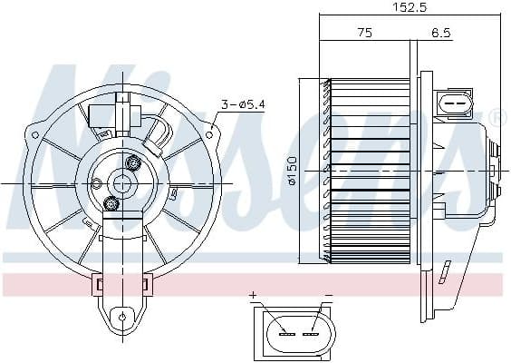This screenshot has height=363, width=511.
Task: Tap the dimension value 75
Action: point(364,33)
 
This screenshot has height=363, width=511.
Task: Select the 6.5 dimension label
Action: point(441,33)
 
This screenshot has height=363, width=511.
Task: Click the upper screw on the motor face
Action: point(135,163)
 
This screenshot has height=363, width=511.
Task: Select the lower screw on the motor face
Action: point(111,202)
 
